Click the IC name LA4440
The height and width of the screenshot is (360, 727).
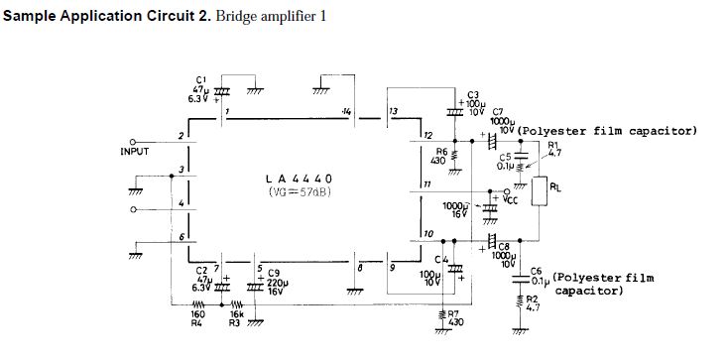(x=298, y=179)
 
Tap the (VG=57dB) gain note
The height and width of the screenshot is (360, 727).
(x=298, y=190)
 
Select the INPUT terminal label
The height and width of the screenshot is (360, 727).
(x=135, y=152)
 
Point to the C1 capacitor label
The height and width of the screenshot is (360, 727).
(x=202, y=79)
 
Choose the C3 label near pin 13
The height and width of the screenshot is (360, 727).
(x=473, y=94)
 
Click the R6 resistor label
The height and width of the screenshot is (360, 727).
(x=442, y=151)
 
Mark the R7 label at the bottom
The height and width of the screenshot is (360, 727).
(x=457, y=312)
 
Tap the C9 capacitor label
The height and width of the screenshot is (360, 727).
(x=274, y=272)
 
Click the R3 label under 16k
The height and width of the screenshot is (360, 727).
(x=235, y=321)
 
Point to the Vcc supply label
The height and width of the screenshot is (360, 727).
(x=512, y=198)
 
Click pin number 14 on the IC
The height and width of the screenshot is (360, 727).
(x=345, y=112)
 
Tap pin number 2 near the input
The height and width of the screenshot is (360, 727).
(x=181, y=136)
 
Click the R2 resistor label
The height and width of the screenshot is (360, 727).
(x=531, y=299)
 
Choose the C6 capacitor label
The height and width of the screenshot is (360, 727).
(x=536, y=271)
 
